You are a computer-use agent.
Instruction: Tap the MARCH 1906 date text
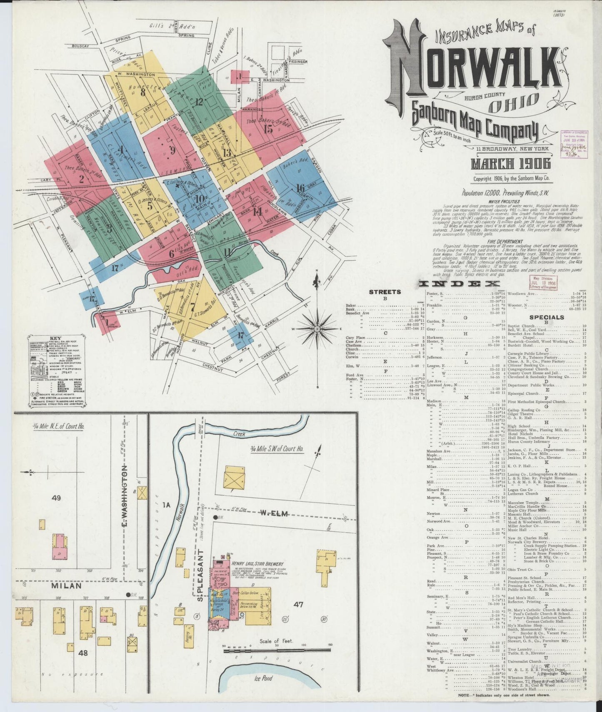coord(511,164)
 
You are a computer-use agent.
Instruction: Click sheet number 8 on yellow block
coord(143,92)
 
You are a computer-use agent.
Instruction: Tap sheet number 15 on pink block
coord(268,128)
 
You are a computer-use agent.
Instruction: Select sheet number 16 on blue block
coord(300,188)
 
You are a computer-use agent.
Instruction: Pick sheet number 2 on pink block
coord(82,180)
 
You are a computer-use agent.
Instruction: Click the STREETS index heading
coord(385,292)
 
